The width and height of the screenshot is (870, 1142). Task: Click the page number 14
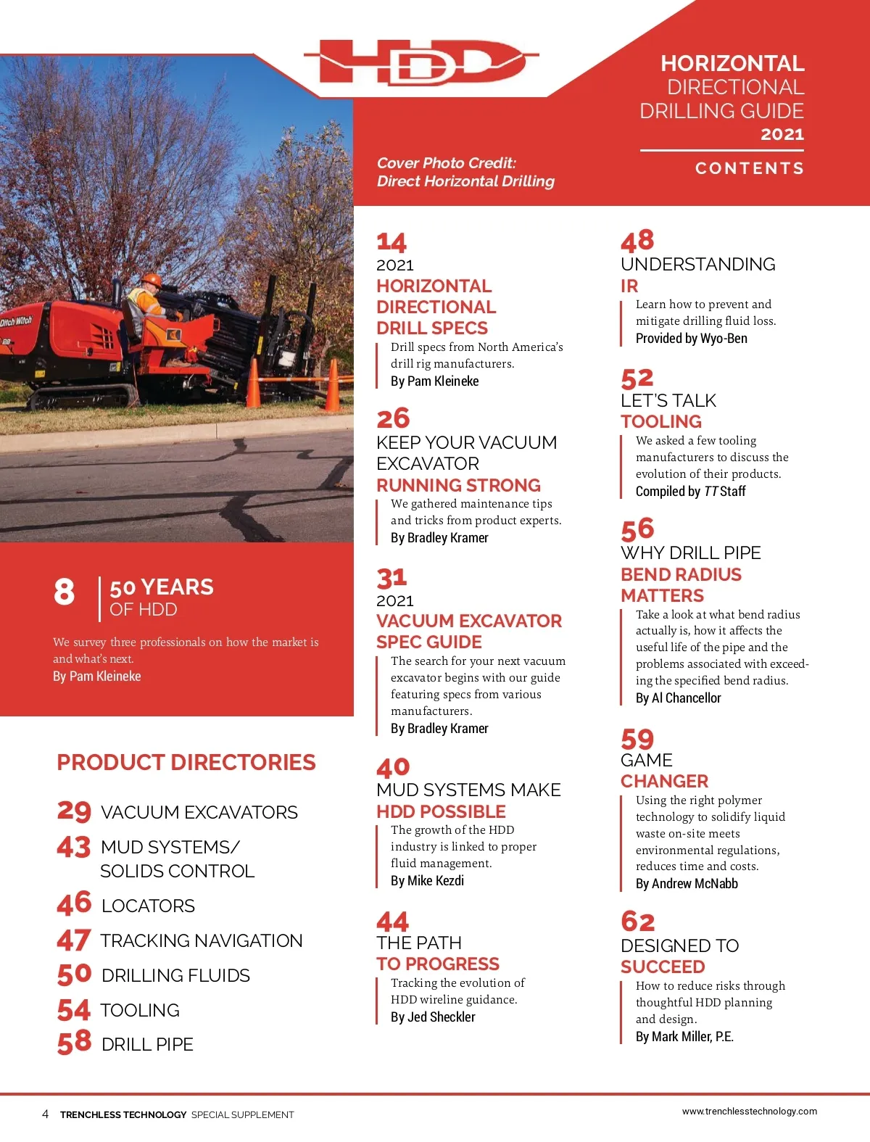click(391, 241)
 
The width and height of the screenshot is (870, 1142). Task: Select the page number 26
click(393, 418)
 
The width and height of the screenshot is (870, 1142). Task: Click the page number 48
click(637, 240)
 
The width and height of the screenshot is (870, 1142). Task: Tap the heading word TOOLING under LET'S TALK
click(660, 421)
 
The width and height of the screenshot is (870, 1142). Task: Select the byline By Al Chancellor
click(678, 698)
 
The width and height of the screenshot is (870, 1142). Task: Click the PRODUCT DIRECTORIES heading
click(186, 763)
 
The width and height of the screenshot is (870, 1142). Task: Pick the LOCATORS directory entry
click(148, 906)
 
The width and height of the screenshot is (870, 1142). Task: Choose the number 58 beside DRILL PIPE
click(75, 1043)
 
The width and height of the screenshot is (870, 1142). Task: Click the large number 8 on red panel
click(64, 592)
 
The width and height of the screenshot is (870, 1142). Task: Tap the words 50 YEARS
click(162, 587)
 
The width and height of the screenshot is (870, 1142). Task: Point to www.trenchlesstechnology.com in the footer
click(749, 1111)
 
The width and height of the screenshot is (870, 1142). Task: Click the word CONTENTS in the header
click(749, 168)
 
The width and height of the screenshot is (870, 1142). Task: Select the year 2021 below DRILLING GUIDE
click(782, 134)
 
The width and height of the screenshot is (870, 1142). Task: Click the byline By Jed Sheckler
click(433, 1017)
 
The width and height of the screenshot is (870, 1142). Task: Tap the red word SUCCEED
click(663, 967)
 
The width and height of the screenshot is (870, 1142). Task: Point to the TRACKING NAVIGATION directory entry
click(201, 940)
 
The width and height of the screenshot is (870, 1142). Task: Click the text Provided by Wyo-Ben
click(691, 339)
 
